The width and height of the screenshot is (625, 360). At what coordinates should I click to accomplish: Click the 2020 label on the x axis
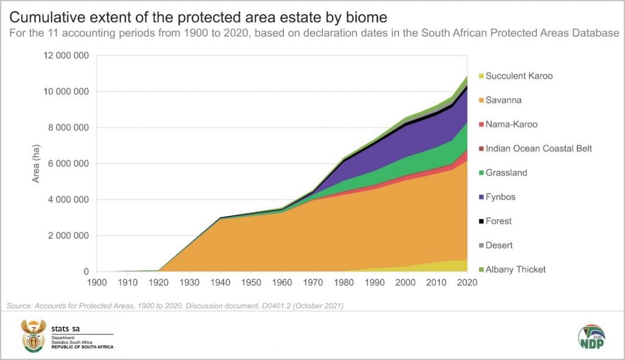point(468,283)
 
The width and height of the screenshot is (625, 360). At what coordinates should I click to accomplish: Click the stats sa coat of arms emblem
point(34,336)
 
